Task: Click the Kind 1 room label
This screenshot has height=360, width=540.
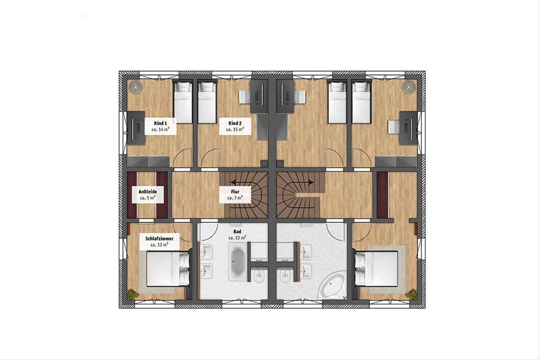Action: tap(160, 123)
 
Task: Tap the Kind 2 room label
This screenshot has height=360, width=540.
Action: tap(235, 123)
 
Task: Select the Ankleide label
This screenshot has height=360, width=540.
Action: tap(148, 192)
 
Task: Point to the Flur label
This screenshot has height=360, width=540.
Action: tap(235, 192)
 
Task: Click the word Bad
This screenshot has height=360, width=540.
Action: tap(237, 231)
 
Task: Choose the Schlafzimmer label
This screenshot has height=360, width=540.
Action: tap(159, 238)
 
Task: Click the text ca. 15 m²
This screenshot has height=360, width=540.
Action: tap(235, 130)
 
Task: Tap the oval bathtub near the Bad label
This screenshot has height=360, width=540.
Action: tap(237, 262)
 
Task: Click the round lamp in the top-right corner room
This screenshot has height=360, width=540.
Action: tap(409, 86)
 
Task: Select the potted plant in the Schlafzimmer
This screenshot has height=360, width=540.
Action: tap(133, 294)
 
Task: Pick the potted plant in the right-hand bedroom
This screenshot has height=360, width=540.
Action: tap(411, 294)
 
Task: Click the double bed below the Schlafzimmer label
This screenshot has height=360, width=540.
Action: tap(168, 269)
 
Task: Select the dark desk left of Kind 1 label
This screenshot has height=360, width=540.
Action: tap(136, 128)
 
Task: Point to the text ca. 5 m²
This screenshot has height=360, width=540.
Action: tap(148, 198)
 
